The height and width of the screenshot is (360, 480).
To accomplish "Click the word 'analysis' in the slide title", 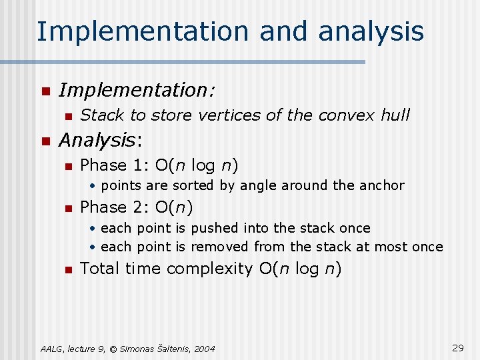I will click(371, 31).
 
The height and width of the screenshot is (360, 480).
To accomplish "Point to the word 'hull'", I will click(395, 115).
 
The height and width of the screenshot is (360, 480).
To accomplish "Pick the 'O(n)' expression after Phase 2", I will click(173, 207).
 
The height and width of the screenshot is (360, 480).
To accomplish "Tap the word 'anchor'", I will click(381, 185).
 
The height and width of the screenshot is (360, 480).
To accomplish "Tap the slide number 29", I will click(458, 348).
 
